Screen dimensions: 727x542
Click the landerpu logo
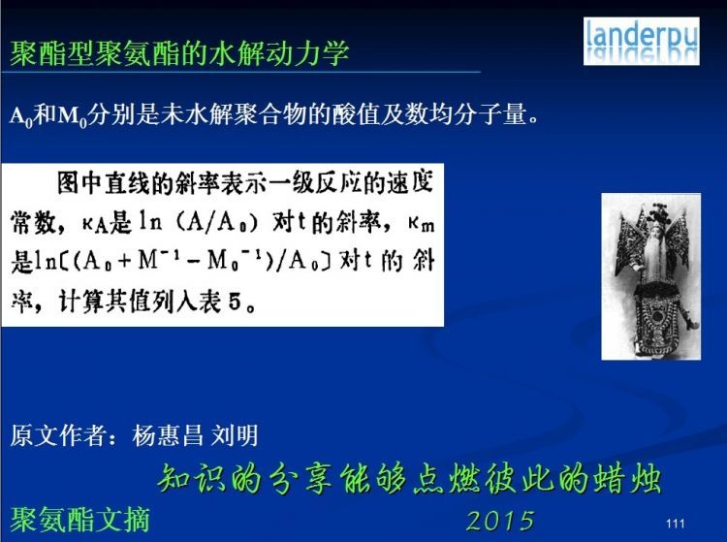(x=642, y=41)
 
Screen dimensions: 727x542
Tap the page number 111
(x=675, y=524)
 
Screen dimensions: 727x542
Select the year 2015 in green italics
(x=500, y=521)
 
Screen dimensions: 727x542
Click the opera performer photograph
(x=651, y=276)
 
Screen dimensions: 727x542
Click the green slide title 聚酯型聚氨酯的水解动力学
(x=179, y=53)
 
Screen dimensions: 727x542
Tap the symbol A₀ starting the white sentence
(x=21, y=116)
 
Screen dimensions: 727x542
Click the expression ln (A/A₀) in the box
(x=199, y=223)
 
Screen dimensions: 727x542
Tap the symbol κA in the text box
(x=95, y=224)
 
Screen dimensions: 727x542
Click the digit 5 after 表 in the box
(x=235, y=302)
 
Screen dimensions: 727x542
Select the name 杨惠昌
(x=168, y=435)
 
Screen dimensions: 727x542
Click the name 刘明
(x=235, y=435)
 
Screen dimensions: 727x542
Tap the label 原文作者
(x=56, y=435)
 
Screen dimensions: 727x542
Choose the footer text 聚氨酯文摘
(x=79, y=520)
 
